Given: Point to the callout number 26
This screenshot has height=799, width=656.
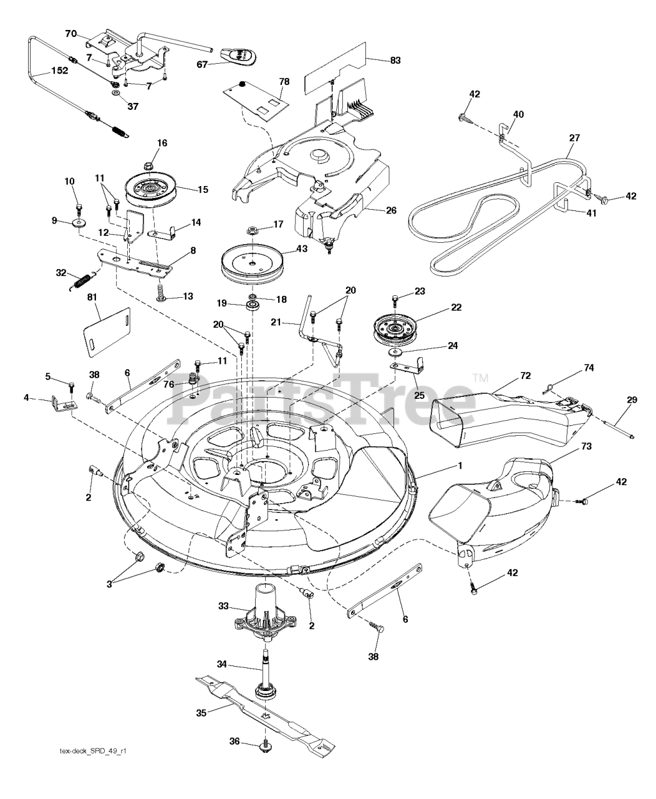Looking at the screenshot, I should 391,210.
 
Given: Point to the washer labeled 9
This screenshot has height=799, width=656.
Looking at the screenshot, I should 79,223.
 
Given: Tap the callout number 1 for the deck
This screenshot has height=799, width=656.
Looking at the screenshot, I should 460,466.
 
